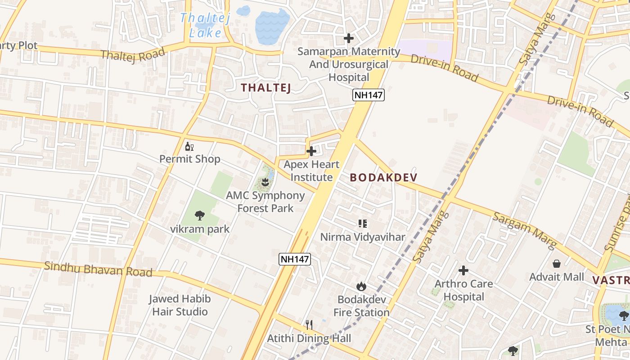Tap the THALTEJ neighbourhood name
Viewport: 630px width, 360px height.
(x=265, y=88)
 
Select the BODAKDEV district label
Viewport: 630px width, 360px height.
(x=383, y=177)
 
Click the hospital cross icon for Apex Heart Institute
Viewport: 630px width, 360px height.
(x=311, y=151)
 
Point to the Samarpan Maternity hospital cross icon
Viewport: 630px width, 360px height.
(x=348, y=38)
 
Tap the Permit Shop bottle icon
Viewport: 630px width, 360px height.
(x=189, y=146)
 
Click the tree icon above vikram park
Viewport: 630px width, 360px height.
(x=200, y=216)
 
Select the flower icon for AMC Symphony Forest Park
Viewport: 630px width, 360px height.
(x=265, y=182)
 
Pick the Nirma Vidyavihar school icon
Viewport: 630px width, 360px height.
(x=363, y=223)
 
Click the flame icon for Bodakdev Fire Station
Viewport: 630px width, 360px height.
(x=361, y=286)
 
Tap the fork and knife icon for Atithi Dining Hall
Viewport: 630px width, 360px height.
(x=309, y=324)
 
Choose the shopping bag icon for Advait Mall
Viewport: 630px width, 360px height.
(x=557, y=263)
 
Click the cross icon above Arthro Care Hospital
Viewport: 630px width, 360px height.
(x=463, y=270)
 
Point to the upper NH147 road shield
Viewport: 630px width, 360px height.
(x=368, y=95)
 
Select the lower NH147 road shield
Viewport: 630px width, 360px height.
(x=295, y=259)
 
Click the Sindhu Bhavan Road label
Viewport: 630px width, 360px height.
(x=98, y=269)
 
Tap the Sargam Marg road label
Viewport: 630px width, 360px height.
(x=524, y=230)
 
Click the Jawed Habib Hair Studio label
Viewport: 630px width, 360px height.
(x=180, y=305)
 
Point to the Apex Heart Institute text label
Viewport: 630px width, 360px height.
(x=311, y=171)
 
